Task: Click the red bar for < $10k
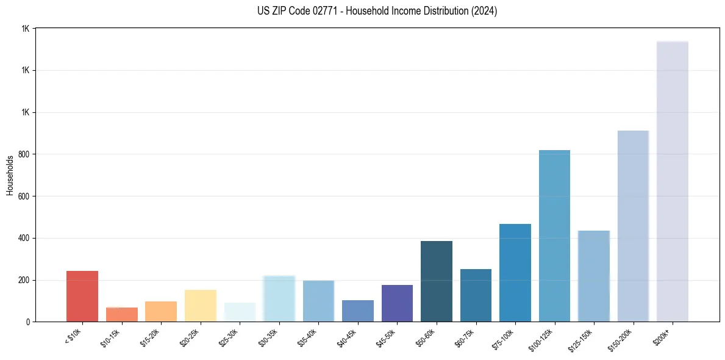pos(82,296)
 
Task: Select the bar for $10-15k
pos(121,314)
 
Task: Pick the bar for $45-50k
pos(397,303)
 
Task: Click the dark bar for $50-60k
pos(437,281)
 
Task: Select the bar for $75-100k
pos(515,273)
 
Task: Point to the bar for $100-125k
pos(554,236)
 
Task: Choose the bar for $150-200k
pos(633,226)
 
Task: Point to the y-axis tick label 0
pos(28,322)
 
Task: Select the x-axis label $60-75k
pos(465,337)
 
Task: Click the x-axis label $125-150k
pos(582,338)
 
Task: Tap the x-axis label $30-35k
pos(269,337)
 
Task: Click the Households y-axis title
pos(10,175)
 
